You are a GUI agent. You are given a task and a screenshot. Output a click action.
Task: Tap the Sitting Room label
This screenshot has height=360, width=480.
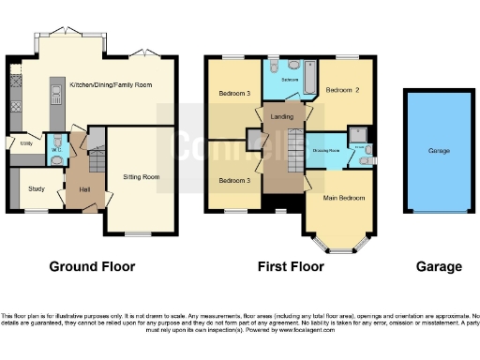point(142,176)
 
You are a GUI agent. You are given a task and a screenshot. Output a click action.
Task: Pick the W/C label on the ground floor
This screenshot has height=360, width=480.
point(56,149)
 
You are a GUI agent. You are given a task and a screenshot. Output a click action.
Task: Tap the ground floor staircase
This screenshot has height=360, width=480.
point(92,167)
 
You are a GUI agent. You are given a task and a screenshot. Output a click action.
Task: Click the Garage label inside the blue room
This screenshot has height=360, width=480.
point(438,151)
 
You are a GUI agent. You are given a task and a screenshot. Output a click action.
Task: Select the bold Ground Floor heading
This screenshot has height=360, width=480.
point(92,267)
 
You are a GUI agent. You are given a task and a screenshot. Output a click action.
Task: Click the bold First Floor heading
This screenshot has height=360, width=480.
point(291,267)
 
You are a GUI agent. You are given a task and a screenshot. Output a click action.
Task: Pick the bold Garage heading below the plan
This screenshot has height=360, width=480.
point(438,267)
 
